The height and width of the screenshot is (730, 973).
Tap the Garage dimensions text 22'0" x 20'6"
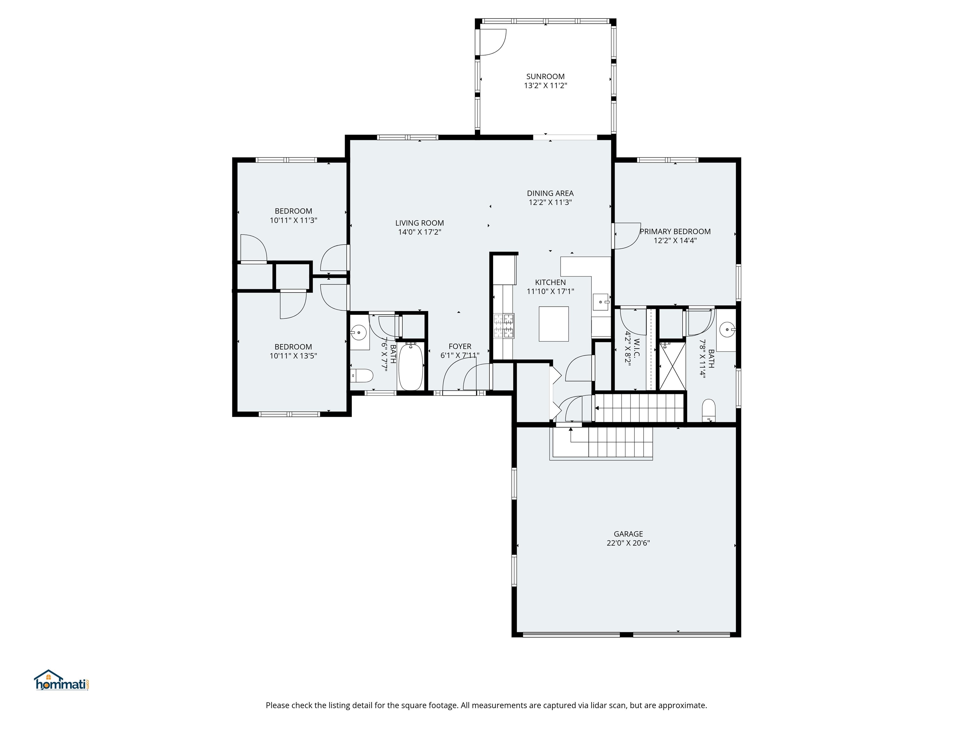click(x=628, y=543)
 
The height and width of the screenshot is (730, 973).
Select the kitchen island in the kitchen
click(x=554, y=324)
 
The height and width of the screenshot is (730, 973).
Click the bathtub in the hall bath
click(x=411, y=367)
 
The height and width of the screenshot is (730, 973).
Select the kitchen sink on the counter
click(x=601, y=302)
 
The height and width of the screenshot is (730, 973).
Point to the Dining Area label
click(x=550, y=193)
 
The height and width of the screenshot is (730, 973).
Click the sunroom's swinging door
click(x=492, y=42)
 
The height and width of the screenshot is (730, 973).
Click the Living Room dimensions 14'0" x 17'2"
click(x=419, y=232)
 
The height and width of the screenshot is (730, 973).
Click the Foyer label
click(x=460, y=346)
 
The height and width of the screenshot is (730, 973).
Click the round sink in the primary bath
click(x=728, y=329)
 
